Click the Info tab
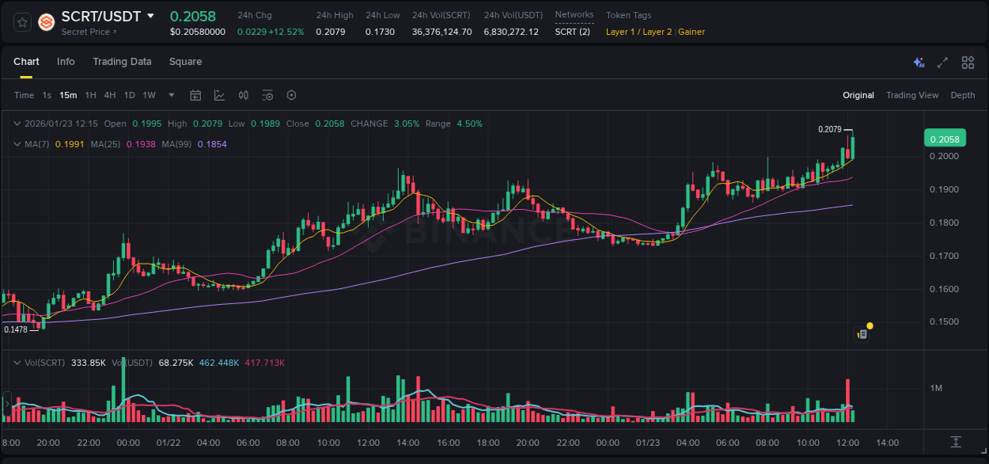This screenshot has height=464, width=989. [66, 62]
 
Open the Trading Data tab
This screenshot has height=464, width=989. [122, 62]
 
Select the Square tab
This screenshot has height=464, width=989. [185, 62]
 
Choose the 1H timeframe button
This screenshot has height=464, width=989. [90, 95]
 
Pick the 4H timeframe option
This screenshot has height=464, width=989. [109, 95]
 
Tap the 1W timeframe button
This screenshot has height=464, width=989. [149, 95]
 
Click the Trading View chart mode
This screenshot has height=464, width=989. [911, 95]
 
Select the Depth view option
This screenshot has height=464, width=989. [962, 95]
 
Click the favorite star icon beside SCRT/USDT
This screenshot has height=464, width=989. [23, 22]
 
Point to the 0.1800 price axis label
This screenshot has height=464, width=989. [945, 222]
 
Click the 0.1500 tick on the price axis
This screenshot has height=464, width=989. [945, 322]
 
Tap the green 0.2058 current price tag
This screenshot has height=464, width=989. [945, 139]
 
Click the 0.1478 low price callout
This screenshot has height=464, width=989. [16, 329]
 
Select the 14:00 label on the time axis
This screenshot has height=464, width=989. [887, 443]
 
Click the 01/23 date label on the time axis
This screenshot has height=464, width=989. [648, 443]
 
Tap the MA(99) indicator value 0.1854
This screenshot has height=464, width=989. [212, 144]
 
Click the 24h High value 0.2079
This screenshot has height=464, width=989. [330, 32]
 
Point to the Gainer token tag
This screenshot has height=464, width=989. [692, 32]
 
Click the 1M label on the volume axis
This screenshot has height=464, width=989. [936, 388]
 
